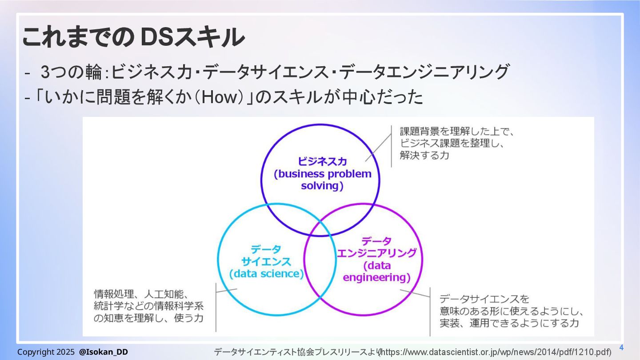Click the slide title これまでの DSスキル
tap(133, 37)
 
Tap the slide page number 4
tap(621, 348)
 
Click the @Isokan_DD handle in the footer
tap(104, 352)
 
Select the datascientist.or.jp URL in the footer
tap(496, 352)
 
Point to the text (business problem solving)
tap(322, 180)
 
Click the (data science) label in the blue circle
tap(266, 274)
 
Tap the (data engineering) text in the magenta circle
tap(376, 272)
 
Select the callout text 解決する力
tap(424, 156)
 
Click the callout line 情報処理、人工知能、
tap(142, 294)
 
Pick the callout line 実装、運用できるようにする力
tap(509, 323)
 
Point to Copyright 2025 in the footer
tap(46, 352)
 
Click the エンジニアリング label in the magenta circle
tap(376, 253)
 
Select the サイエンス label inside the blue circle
tap(266, 261)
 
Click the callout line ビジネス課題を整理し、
tap(453, 144)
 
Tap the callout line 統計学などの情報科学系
tap(148, 306)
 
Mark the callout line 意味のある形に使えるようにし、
tap(511, 311)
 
